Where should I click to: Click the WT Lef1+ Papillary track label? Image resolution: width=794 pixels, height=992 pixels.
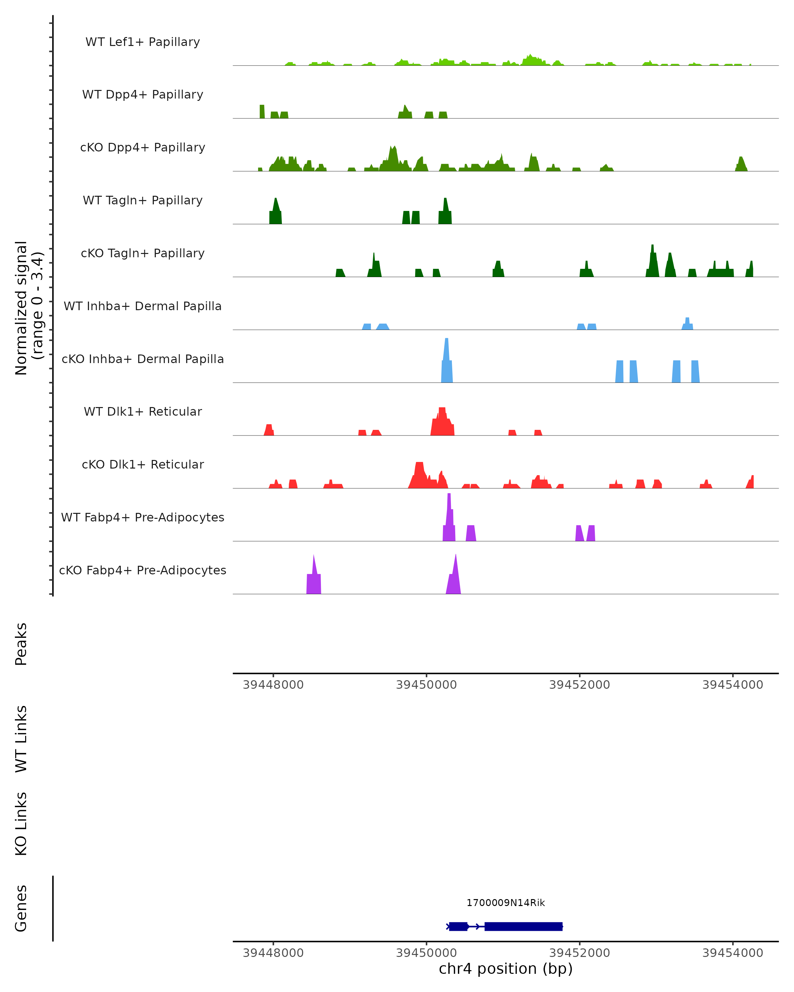[143, 42]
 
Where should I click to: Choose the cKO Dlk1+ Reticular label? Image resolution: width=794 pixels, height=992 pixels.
[143, 464]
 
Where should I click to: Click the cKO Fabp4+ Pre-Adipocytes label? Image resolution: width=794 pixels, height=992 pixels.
[143, 570]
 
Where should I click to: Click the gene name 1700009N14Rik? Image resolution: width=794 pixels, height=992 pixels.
[506, 903]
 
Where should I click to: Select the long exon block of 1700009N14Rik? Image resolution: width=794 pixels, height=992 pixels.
[523, 926]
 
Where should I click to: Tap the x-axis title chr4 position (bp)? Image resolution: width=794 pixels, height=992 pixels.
[506, 969]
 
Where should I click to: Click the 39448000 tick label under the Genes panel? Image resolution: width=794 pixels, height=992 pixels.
[273, 953]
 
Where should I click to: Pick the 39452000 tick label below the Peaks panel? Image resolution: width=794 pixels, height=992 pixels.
[580, 685]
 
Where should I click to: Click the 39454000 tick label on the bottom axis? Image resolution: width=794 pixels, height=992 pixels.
[732, 953]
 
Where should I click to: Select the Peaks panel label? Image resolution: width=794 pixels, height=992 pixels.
[21, 644]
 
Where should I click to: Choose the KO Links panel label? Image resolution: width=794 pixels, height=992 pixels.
[21, 824]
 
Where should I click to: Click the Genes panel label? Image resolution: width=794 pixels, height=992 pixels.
[21, 908]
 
